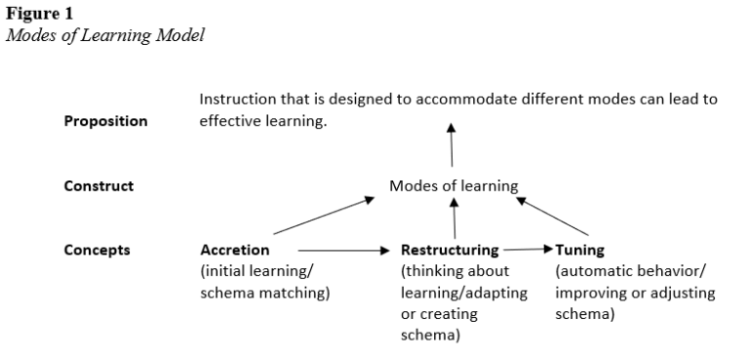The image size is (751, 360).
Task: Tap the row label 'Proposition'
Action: click(x=106, y=121)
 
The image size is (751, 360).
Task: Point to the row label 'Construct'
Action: click(x=98, y=185)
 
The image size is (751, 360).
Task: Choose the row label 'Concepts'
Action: click(x=97, y=249)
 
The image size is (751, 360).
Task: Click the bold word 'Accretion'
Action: click(x=235, y=250)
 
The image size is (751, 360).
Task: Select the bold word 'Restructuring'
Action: click(x=450, y=250)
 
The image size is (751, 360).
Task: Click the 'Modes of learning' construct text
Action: click(x=454, y=186)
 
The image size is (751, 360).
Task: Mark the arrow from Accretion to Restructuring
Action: click(x=342, y=250)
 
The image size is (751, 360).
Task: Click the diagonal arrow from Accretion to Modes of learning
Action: click(x=323, y=215)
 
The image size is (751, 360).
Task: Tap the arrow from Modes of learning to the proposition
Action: click(x=451, y=147)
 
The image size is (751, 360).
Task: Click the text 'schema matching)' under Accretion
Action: click(x=263, y=293)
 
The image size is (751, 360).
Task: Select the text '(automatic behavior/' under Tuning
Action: click(x=623, y=271)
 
